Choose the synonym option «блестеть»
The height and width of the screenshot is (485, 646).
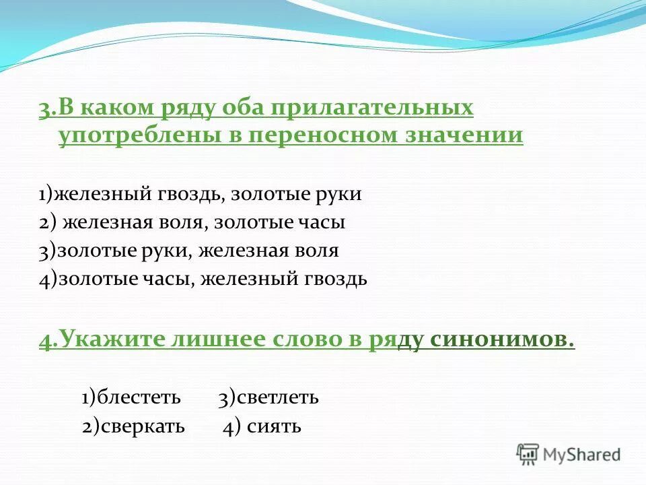point(139,398)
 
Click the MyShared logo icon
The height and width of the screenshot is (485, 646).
point(528,454)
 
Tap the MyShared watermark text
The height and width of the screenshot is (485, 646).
point(581,455)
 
